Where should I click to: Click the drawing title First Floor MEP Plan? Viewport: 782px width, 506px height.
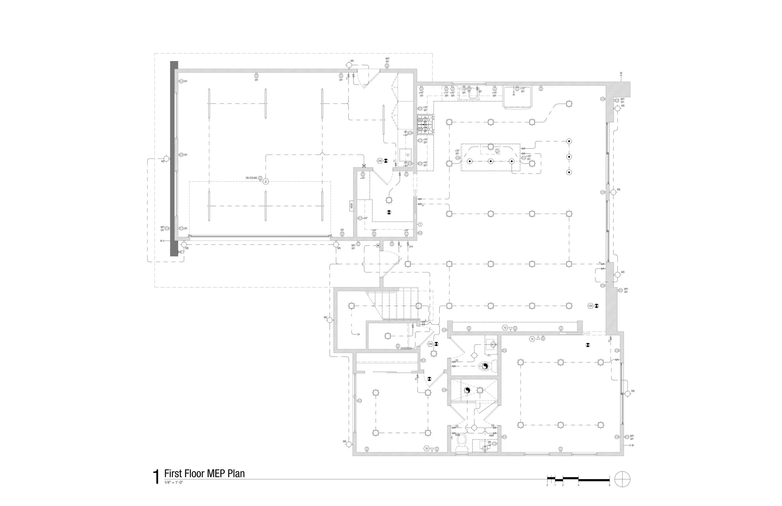pos(204,473)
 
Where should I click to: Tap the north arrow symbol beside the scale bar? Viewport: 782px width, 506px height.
pos(622,479)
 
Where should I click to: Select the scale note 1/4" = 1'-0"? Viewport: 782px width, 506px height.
pos(173,482)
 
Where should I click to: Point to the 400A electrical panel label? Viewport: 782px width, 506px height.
pos(351,206)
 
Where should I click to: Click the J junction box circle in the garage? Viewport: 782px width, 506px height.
pos(266,181)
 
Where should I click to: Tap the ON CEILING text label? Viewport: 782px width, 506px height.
pos(251,178)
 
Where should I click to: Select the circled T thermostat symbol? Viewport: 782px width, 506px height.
pos(420,225)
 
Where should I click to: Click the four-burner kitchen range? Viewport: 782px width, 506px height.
pos(425,124)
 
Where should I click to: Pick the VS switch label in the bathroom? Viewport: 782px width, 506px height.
pos(457,361)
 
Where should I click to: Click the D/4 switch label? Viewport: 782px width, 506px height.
pos(411,246)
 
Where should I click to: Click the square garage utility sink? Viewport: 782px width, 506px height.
pos(406,154)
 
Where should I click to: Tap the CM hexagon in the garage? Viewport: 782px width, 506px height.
pos(380,161)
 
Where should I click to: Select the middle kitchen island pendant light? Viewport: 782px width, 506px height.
pos(490,161)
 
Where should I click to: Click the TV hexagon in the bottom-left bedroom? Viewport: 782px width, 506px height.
pos(426,448)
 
